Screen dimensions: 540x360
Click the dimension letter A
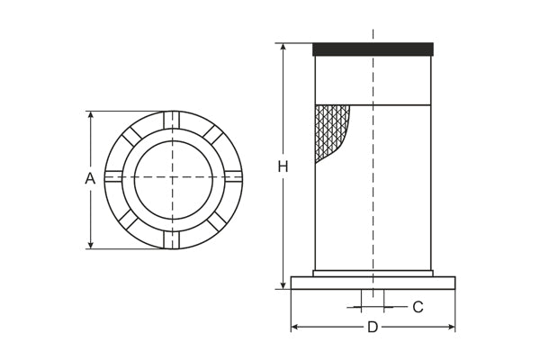pyautogui.click(x=90, y=178)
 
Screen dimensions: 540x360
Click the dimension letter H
pyautogui.click(x=283, y=166)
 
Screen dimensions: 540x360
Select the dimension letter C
pyautogui.click(x=418, y=307)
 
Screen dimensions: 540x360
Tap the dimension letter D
pyautogui.click(x=373, y=328)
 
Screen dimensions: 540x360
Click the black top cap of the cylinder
pyautogui.click(x=373, y=49)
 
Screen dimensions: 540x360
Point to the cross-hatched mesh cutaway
pyautogui.click(x=329, y=130)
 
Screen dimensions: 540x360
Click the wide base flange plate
pyautogui.click(x=373, y=283)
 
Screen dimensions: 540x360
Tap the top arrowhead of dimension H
pyautogui.click(x=283, y=47)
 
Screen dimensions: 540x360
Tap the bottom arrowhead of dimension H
pyautogui.click(x=283, y=285)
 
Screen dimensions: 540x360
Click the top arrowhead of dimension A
pyautogui.click(x=91, y=115)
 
